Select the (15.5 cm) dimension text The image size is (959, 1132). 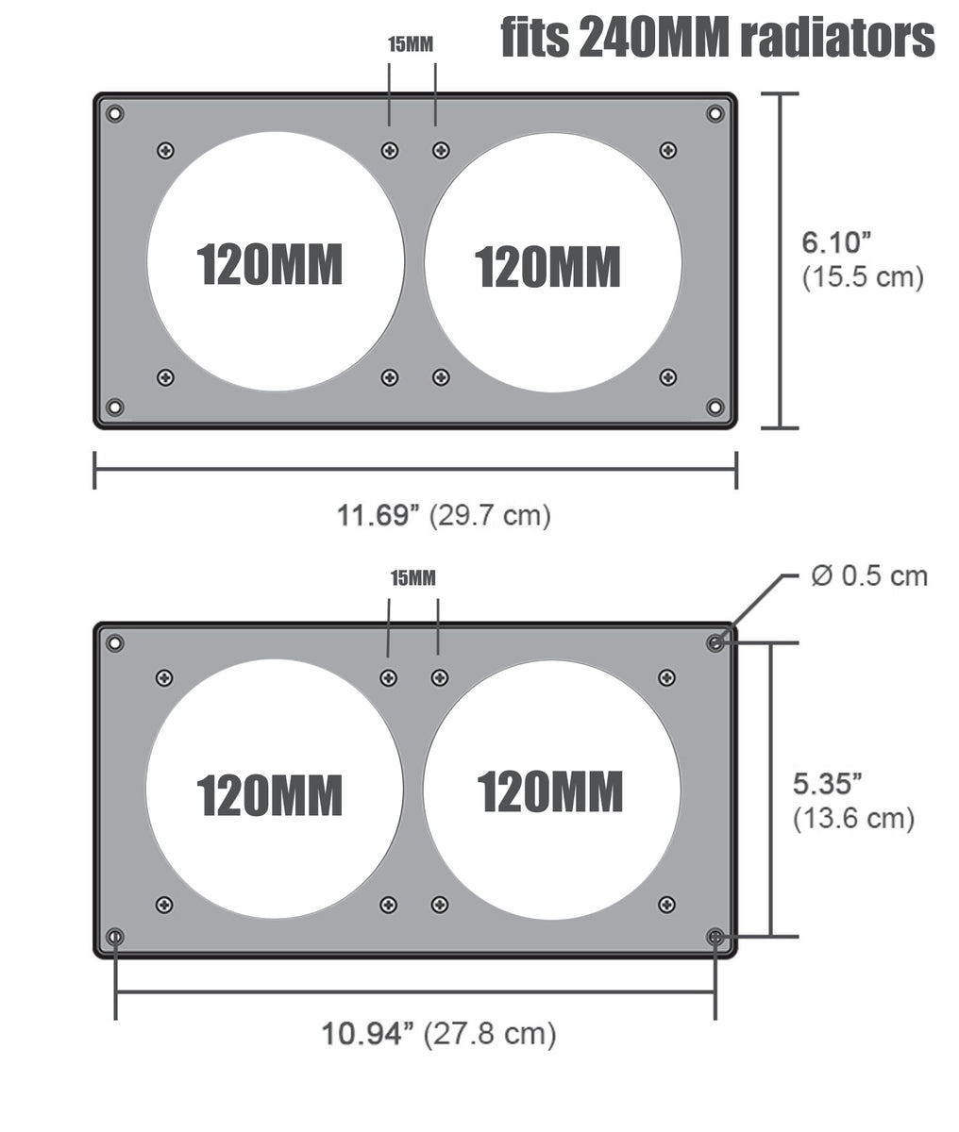click(862, 278)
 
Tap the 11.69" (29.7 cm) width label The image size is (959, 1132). click(444, 515)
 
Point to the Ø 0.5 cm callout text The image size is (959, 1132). click(869, 575)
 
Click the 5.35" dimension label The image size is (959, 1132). click(828, 783)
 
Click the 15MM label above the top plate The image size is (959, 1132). click(412, 44)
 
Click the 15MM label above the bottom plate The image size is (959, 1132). click(413, 578)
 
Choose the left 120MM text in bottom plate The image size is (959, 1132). click(269, 794)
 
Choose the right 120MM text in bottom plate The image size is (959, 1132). click(550, 791)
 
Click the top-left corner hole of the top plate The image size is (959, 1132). click(115, 114)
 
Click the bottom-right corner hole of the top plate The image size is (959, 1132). click(715, 407)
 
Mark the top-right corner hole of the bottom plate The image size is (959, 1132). click(715, 643)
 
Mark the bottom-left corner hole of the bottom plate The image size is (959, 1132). click(115, 937)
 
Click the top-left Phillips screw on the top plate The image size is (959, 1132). click(166, 150)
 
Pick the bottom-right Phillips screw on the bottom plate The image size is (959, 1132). click(666, 905)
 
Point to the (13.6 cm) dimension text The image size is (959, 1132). click(853, 818)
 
